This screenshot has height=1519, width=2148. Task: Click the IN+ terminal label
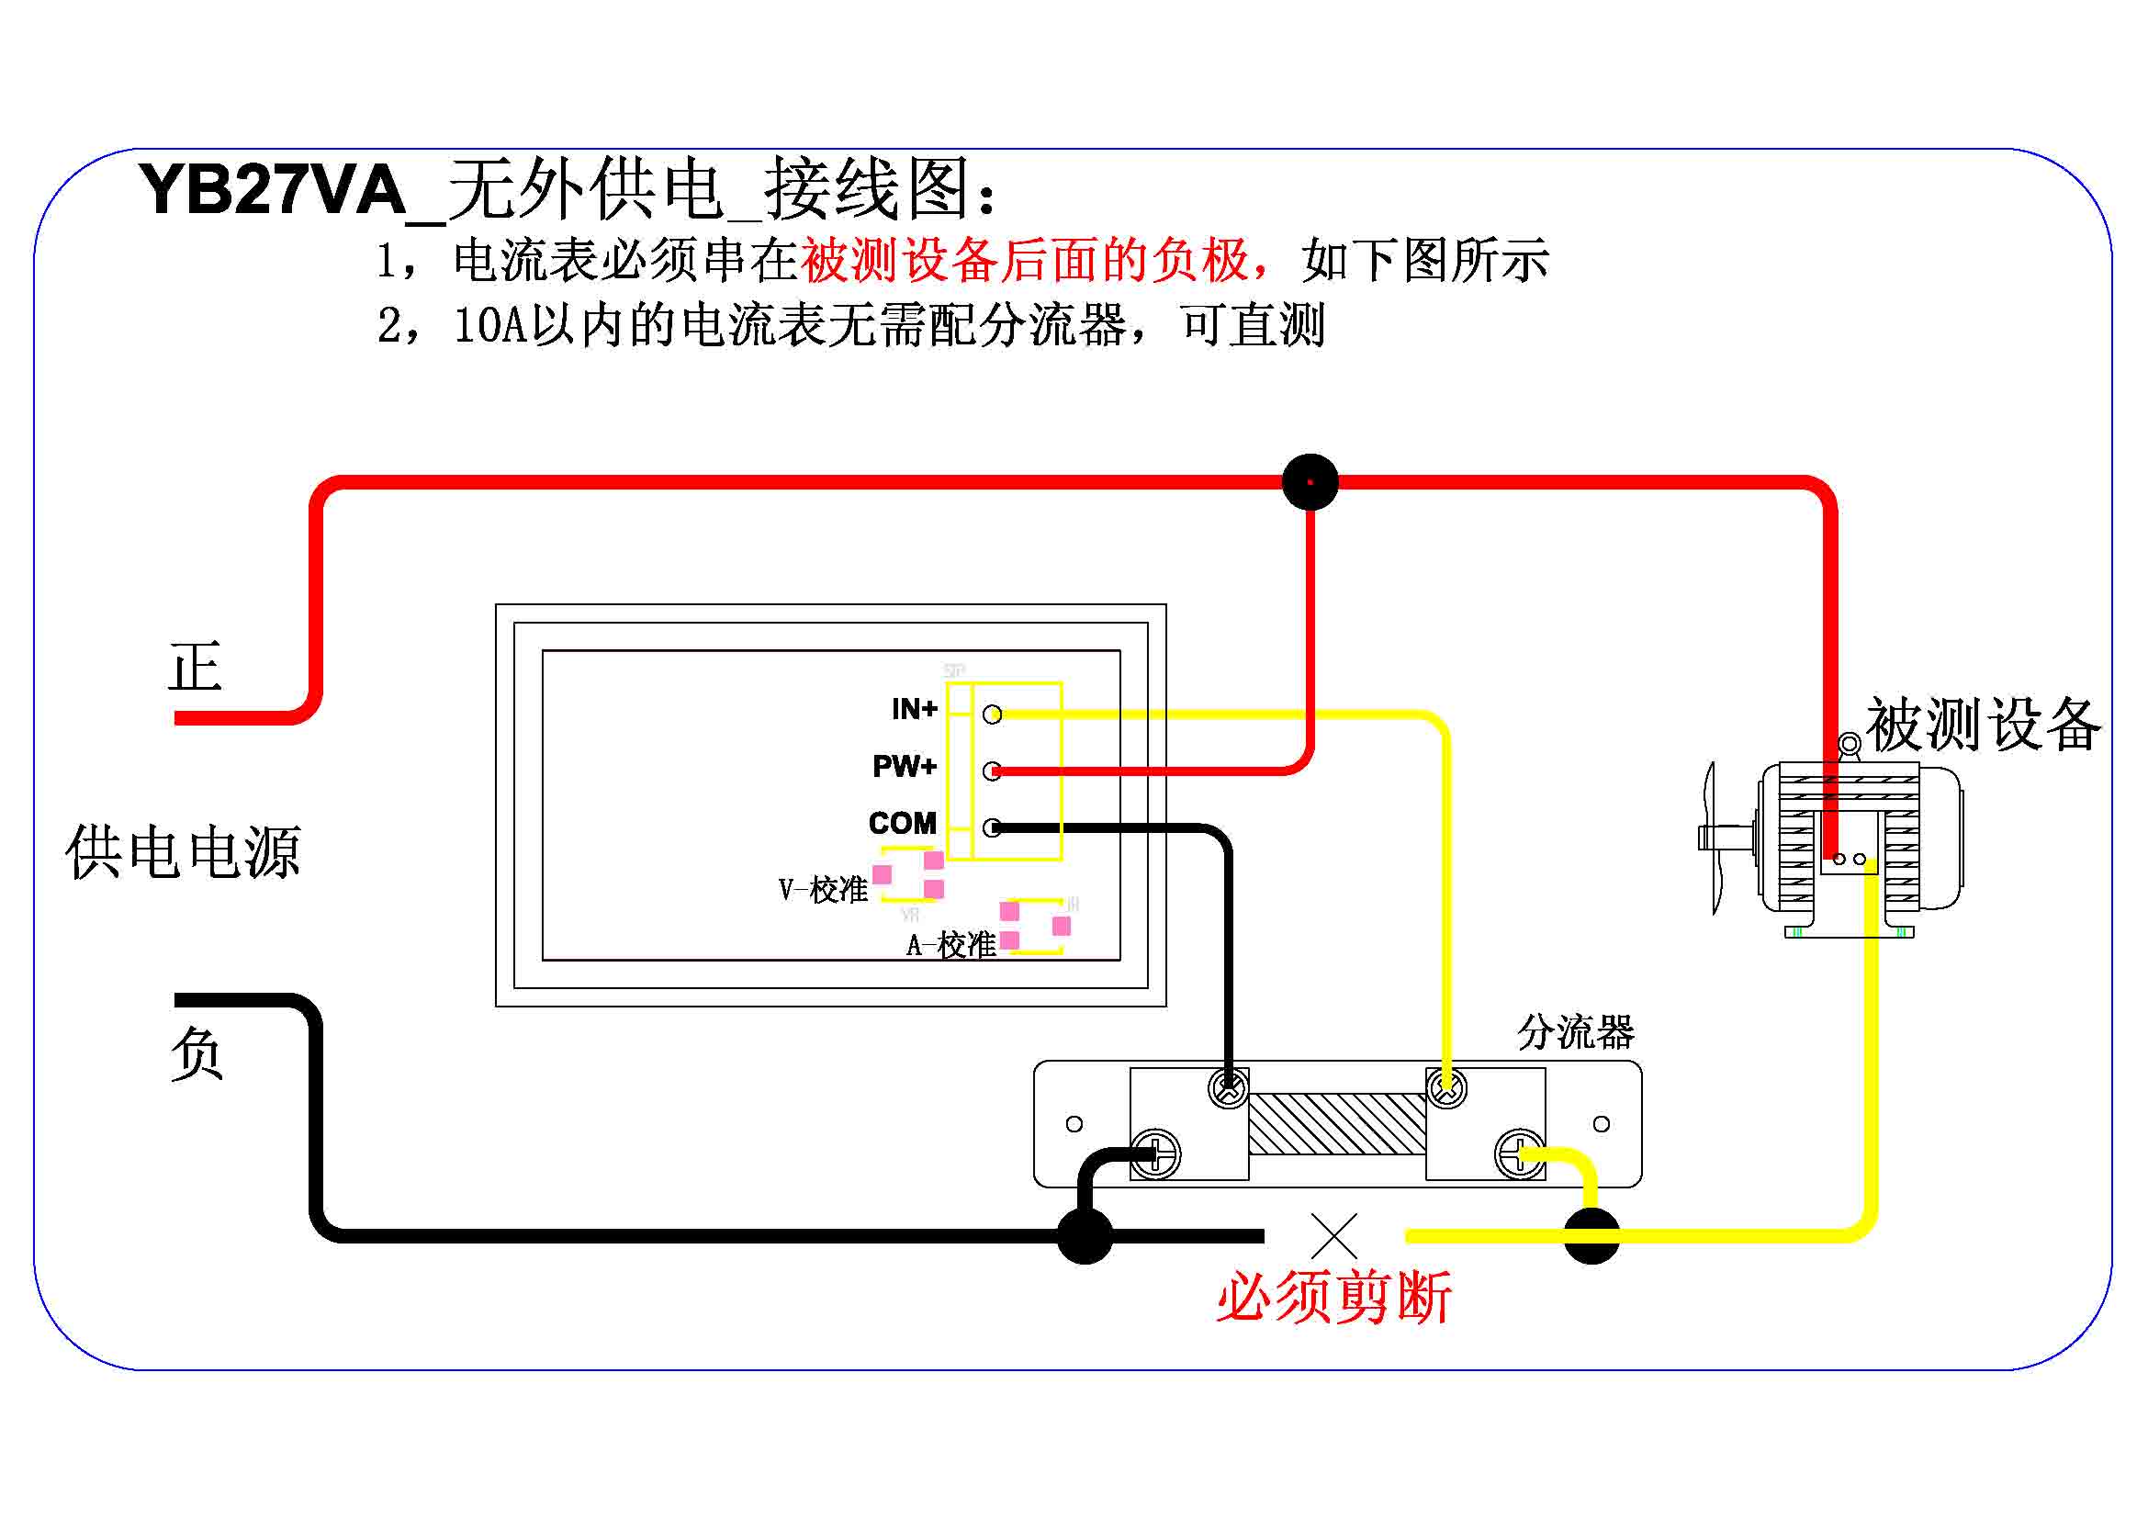(914, 709)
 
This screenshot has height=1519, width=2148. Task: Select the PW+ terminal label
(904, 766)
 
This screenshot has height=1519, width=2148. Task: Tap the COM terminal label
(902, 823)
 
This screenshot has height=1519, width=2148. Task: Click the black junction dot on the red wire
(1310, 482)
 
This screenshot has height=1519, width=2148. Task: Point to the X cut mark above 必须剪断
(1334, 1236)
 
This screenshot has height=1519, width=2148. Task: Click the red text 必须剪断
(1334, 1299)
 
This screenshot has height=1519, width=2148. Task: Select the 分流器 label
(1576, 1032)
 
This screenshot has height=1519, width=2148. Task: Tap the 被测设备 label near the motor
(1984, 724)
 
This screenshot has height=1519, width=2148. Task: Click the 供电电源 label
(184, 852)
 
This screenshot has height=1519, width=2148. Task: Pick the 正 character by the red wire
(195, 667)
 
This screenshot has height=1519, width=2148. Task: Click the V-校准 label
(823, 890)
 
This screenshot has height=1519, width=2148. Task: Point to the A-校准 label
(950, 945)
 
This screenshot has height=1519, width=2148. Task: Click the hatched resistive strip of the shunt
(1337, 1123)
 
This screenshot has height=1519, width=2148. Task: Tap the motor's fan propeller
(1711, 838)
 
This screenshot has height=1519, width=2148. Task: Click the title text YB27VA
(272, 190)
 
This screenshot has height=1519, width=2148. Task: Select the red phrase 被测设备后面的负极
(1025, 260)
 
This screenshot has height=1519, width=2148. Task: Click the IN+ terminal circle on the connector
(993, 714)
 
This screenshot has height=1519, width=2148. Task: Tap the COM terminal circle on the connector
(993, 827)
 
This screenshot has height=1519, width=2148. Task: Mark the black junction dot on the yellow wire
(1591, 1235)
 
